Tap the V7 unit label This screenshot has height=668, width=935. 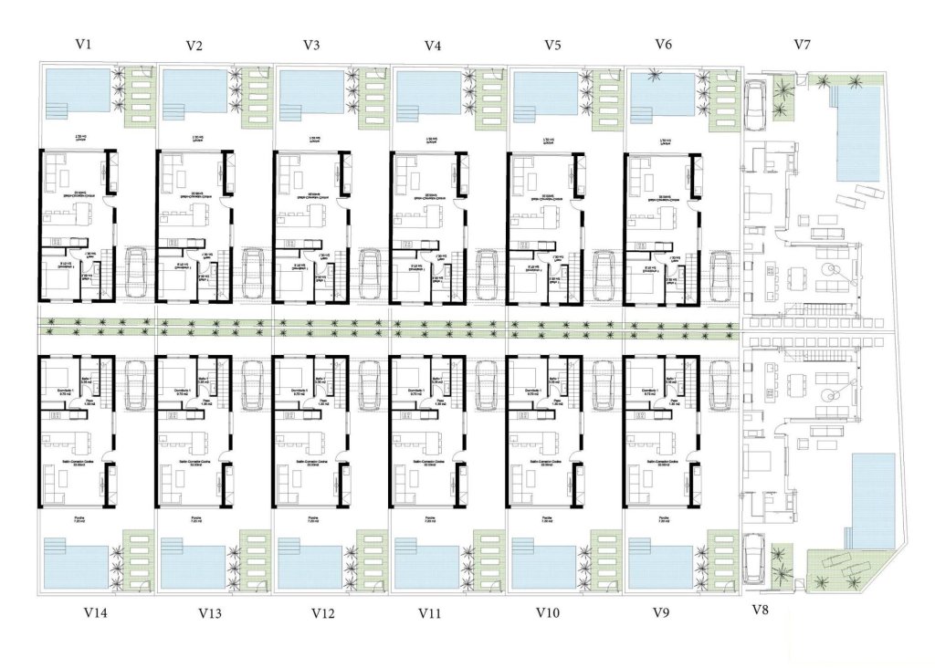803,44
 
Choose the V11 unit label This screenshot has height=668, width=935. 433,613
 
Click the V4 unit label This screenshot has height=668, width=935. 434,44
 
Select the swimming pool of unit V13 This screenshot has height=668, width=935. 193,568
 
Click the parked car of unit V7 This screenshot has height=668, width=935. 757,100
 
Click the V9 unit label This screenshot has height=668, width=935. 663,612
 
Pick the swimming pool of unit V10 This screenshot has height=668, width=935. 544,568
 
